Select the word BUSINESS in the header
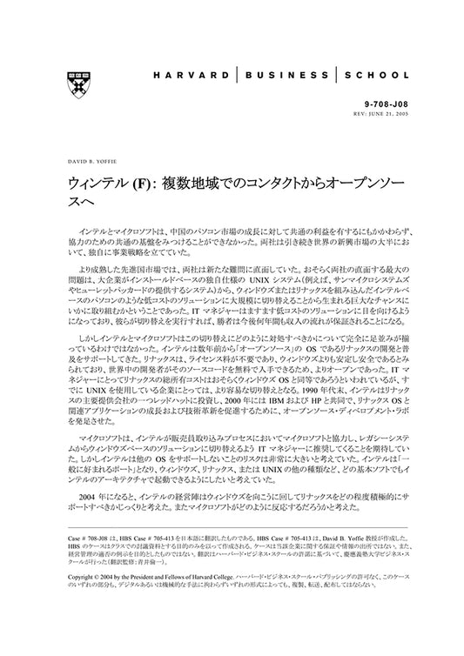pos(287,76)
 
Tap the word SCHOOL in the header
pos(379,76)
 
